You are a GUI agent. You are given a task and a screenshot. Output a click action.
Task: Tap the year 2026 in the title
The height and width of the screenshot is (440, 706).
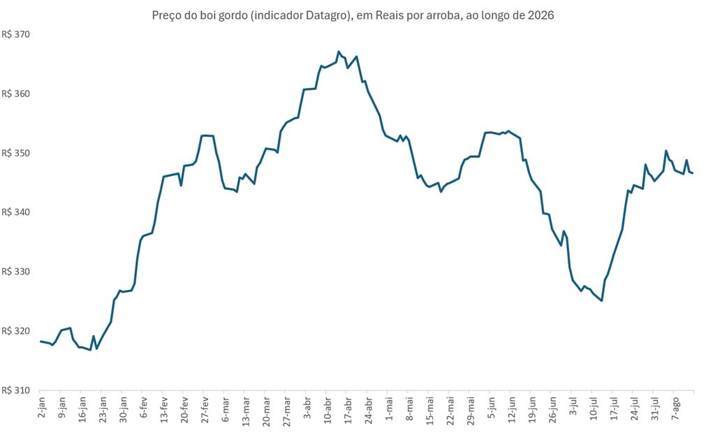click(x=542, y=15)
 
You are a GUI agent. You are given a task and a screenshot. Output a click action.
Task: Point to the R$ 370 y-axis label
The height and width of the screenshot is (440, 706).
click(x=16, y=35)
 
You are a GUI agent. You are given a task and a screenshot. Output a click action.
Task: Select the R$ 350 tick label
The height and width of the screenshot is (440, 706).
click(x=16, y=153)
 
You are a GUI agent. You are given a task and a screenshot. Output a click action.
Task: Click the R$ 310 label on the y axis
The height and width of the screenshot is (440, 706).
click(x=16, y=390)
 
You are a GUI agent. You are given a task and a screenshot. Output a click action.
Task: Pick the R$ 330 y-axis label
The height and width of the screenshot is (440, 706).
click(x=16, y=272)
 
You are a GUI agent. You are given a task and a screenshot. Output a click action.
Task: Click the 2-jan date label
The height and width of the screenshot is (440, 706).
click(x=41, y=407)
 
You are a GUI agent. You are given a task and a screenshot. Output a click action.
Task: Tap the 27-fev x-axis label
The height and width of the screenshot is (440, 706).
click(x=205, y=410)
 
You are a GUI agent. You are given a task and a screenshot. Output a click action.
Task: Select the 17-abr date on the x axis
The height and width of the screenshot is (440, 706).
click(x=348, y=410)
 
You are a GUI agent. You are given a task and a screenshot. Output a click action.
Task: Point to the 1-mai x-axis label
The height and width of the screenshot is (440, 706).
click(x=388, y=409)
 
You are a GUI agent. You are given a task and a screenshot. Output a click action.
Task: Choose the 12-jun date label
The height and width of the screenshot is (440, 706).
click(x=511, y=410)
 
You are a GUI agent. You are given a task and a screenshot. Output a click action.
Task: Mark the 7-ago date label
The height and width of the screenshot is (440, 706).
click(x=675, y=408)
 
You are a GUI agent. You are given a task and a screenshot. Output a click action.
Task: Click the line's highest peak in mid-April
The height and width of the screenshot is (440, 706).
click(x=339, y=52)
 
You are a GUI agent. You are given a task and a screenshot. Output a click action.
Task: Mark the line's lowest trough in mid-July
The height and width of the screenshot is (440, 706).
click(x=601, y=301)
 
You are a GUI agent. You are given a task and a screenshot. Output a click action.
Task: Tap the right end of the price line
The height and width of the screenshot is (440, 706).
click(x=693, y=173)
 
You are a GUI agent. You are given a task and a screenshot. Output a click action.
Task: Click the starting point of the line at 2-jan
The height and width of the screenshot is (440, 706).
click(x=41, y=342)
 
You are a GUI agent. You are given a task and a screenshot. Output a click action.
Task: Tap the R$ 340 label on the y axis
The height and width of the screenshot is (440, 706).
click(x=16, y=212)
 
